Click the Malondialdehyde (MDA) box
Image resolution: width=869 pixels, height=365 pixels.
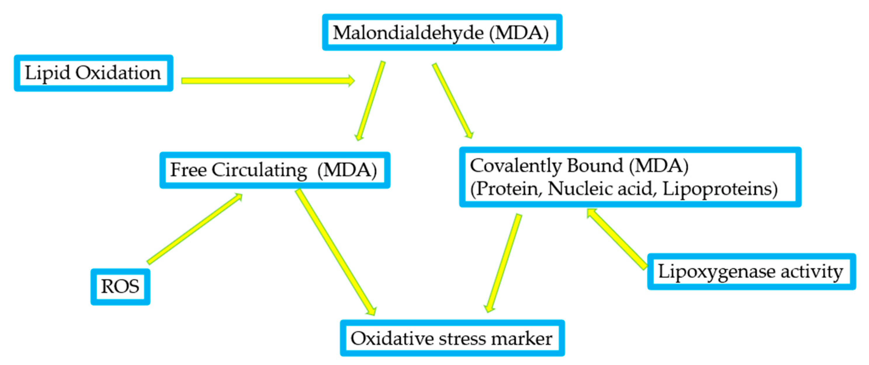(x=442, y=32)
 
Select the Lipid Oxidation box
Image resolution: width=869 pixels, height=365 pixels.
(x=93, y=73)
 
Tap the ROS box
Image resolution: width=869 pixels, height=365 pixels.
(x=120, y=287)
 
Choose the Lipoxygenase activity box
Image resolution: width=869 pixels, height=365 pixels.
(x=751, y=271)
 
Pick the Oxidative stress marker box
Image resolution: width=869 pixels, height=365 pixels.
(x=452, y=338)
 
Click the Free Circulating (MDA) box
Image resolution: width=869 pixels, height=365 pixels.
(x=275, y=170)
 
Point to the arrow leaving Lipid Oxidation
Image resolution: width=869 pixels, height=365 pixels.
(x=266, y=81)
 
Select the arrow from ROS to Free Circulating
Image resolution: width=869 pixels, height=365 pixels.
(x=195, y=229)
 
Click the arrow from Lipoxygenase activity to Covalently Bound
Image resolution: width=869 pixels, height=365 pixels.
(x=616, y=238)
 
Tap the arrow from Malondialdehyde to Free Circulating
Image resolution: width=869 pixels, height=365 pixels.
(x=370, y=101)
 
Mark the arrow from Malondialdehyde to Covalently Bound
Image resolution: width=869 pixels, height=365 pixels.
(x=453, y=101)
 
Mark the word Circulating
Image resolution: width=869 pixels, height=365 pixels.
(x=259, y=170)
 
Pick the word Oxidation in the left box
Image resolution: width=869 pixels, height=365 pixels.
(x=118, y=73)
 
